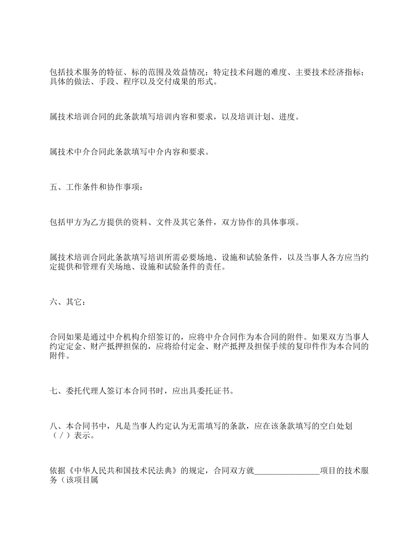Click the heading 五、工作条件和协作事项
tap(96, 187)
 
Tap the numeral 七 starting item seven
tap(54, 391)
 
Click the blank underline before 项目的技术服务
tap(287, 471)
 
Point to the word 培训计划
tap(254, 117)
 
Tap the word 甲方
tap(74, 223)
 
